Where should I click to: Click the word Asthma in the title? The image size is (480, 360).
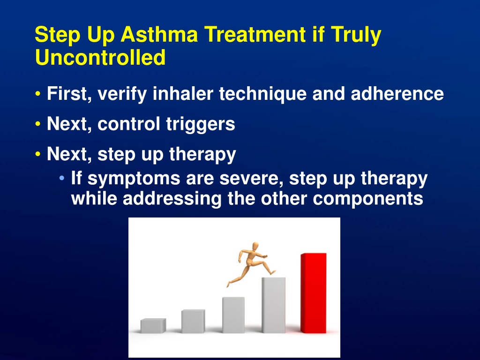159,34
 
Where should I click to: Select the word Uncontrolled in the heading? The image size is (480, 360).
100,58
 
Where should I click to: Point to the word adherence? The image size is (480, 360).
397,93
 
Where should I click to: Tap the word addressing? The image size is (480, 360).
172,199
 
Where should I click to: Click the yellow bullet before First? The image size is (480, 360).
38,94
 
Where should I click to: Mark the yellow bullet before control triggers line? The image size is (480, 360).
38,124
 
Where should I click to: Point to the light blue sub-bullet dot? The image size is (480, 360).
62,178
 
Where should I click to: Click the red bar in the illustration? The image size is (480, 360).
314,293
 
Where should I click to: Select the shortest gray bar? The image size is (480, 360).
153,326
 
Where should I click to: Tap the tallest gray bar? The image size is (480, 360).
274,305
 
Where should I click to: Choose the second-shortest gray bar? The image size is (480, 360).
193,321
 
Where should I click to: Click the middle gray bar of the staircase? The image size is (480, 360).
233,315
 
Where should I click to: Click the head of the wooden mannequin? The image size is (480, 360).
255,247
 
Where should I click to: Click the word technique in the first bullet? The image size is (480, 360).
262,94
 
